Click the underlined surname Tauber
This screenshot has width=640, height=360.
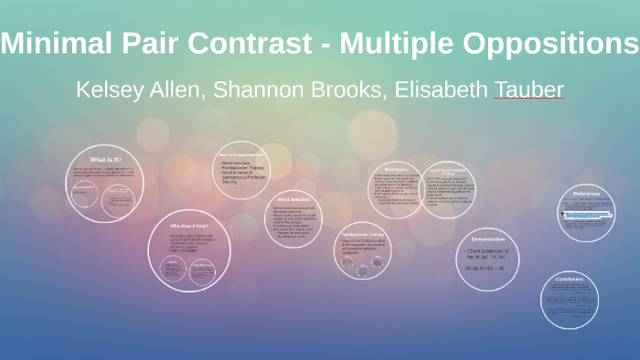(x=528, y=90)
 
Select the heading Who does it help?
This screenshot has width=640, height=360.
(x=189, y=224)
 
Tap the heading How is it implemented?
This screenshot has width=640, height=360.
(x=241, y=155)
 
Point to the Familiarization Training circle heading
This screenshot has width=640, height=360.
(x=368, y=233)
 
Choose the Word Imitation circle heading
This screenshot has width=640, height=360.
(x=396, y=169)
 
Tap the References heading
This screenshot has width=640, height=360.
(x=586, y=194)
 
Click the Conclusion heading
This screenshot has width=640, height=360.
(x=568, y=280)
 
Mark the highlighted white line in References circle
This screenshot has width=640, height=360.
(x=586, y=216)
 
